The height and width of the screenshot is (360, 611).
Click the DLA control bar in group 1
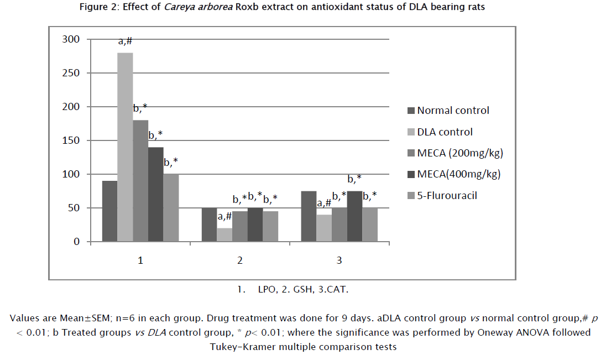tap(125, 147)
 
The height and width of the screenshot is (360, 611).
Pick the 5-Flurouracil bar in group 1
tap(171, 208)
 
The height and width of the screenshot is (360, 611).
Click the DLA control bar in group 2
tap(224, 235)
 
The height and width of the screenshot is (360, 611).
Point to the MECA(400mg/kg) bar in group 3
tap(354, 216)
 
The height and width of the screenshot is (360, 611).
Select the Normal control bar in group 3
tap(309, 216)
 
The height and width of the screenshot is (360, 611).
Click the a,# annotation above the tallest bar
tap(126, 41)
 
